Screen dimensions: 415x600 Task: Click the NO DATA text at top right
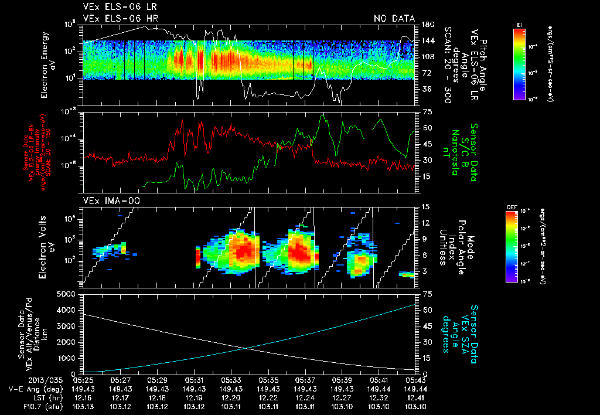coord(394,19)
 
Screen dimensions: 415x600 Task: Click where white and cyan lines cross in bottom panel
coord(244,348)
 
